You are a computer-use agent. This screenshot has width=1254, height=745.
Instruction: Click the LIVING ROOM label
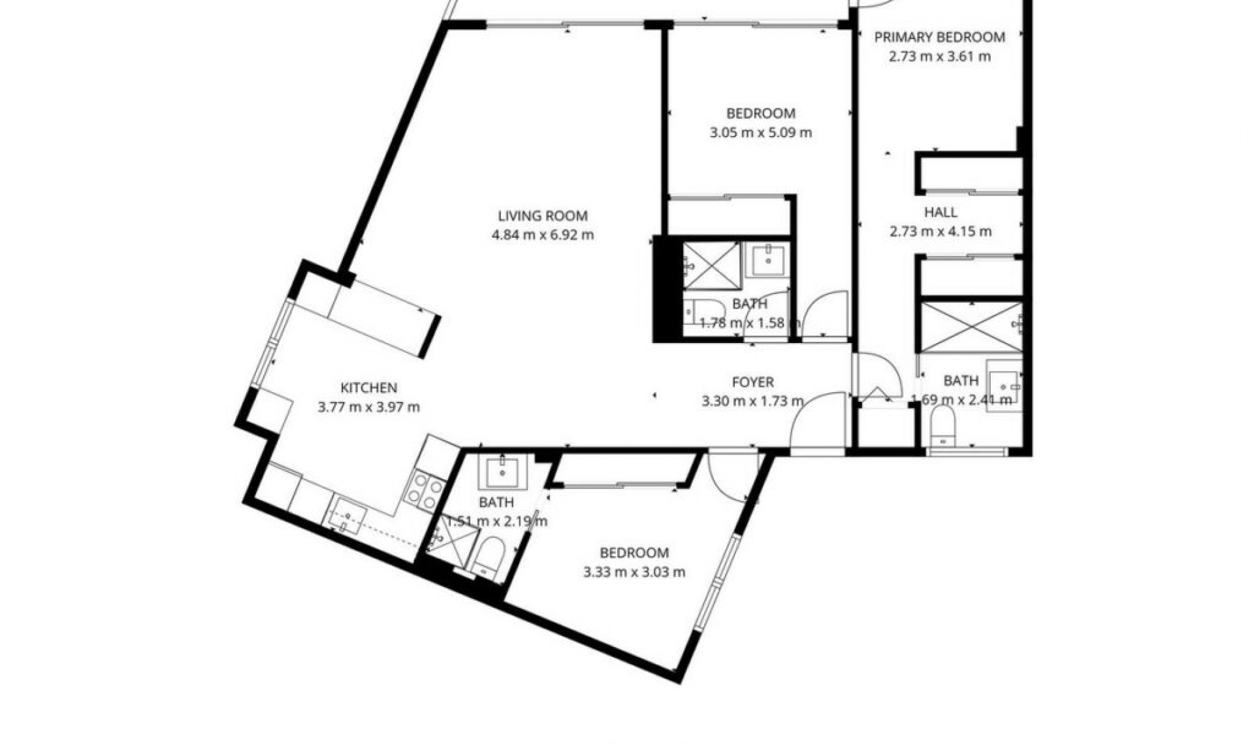[542, 216]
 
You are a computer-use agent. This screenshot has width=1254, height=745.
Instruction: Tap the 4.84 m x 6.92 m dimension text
[542, 235]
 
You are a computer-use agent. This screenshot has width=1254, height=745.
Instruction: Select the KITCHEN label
[368, 388]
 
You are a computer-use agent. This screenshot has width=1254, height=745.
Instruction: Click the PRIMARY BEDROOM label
[939, 37]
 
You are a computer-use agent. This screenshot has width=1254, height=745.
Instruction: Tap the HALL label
[940, 212]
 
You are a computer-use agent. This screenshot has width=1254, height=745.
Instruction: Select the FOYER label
[752, 382]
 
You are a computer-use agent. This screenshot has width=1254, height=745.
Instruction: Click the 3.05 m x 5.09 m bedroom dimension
[760, 133]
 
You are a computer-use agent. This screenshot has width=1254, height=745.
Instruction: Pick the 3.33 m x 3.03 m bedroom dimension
[634, 572]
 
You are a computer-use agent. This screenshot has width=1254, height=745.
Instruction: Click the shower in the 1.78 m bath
[711, 265]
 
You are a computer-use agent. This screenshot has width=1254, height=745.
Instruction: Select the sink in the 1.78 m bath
[768, 260]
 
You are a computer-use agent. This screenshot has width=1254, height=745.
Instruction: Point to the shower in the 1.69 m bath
[970, 326]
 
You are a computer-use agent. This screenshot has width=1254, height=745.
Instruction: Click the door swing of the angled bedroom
[730, 476]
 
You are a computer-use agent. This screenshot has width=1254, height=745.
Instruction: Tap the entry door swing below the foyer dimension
[818, 422]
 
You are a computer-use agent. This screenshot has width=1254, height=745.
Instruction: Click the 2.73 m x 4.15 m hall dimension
[940, 231]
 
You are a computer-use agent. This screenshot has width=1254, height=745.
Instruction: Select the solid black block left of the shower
[667, 289]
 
